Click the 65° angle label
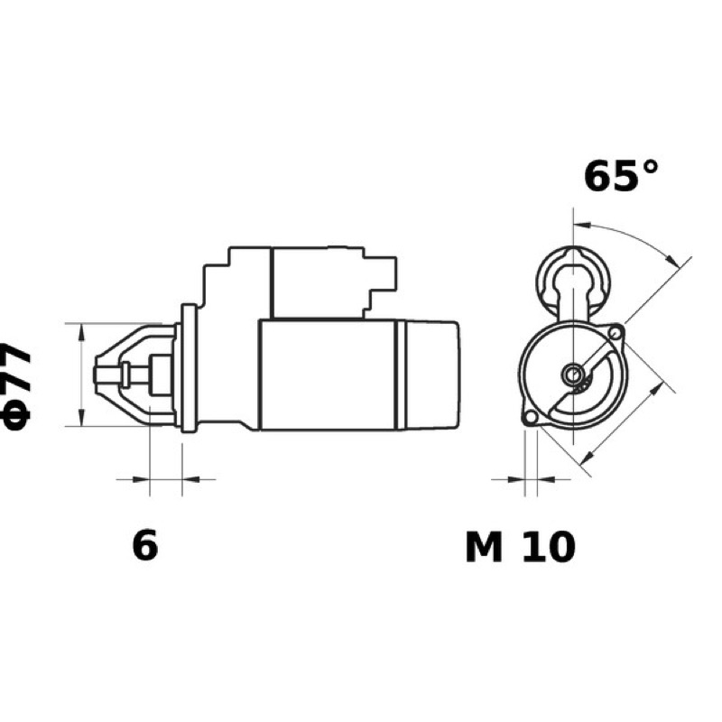[621, 175]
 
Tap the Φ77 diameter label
[15, 386]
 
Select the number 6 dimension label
[145, 545]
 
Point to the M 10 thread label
[521, 547]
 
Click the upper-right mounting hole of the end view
[616, 332]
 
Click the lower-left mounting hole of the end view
[531, 417]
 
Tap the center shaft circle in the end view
[573, 375]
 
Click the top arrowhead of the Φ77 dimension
[81, 331]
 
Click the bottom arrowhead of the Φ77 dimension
[81, 418]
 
